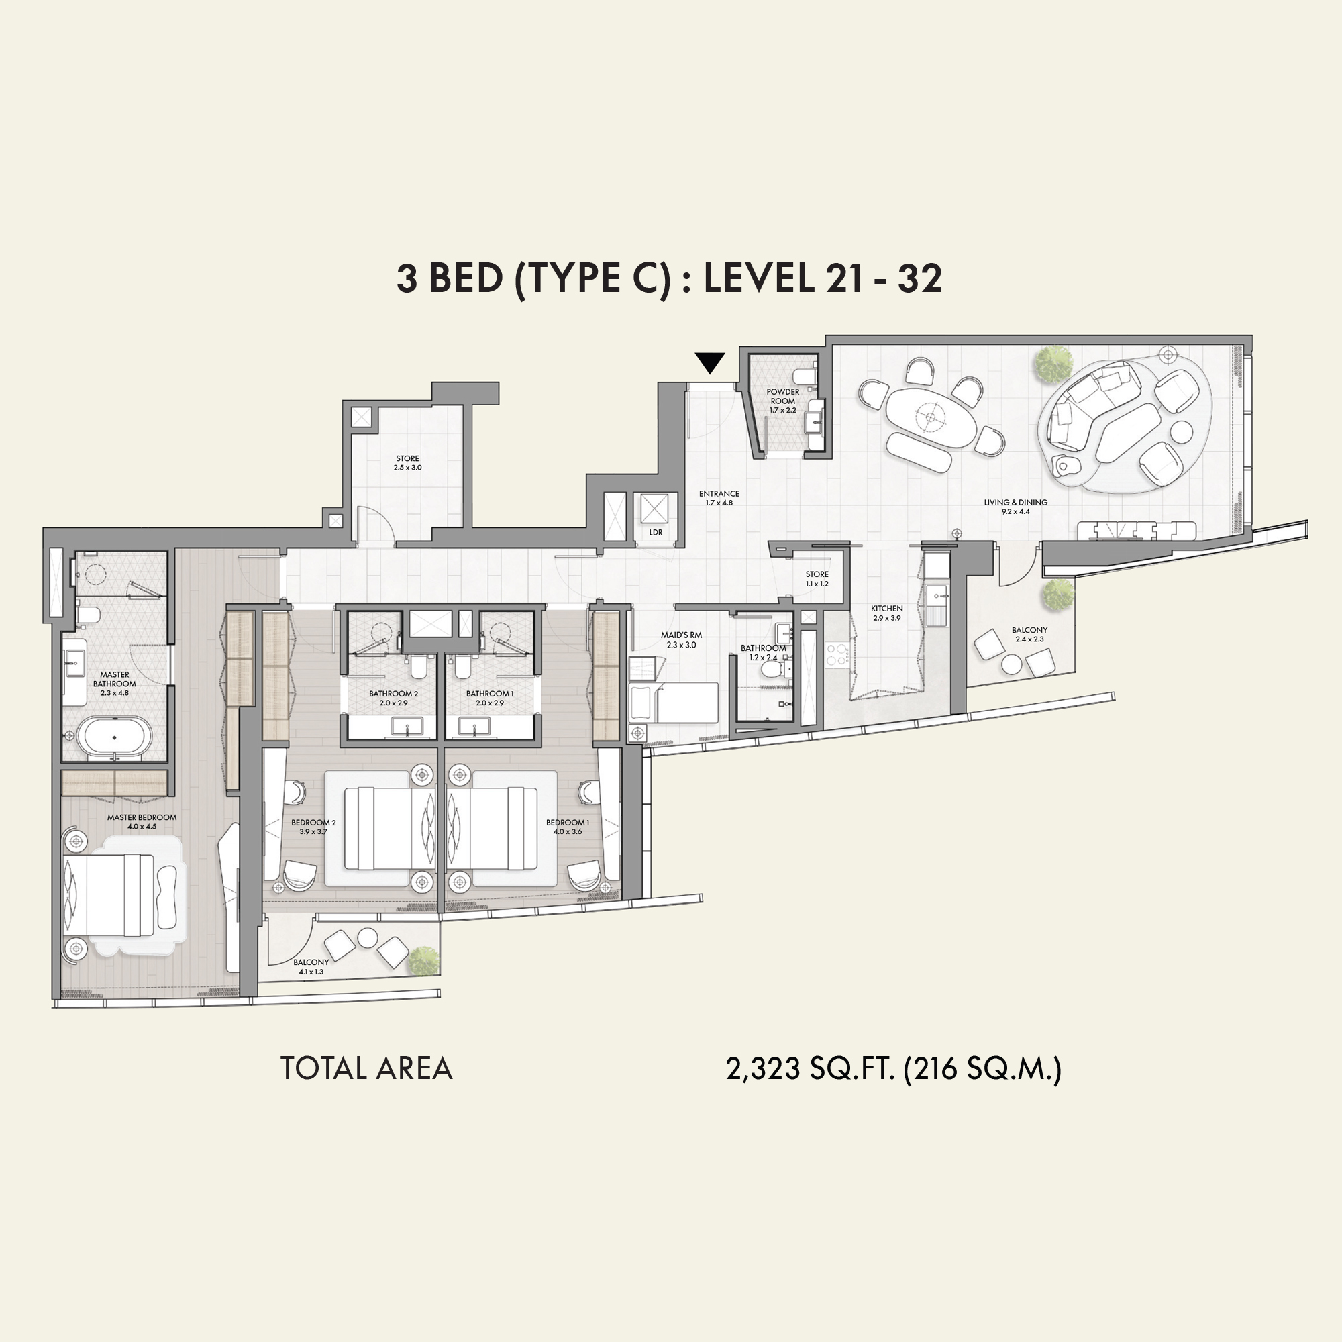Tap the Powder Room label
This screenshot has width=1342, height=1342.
pos(783,396)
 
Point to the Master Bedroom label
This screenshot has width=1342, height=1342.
pos(142,817)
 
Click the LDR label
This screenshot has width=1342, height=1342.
pos(656,533)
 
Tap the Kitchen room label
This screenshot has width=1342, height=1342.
pos(887,609)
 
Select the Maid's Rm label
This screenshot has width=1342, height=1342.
pos(682,635)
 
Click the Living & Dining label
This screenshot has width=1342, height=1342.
pos(1015,502)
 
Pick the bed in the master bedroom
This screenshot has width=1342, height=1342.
pos(109,895)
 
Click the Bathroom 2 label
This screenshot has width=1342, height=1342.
pos(393,694)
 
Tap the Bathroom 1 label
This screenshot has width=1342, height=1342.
pos(490,694)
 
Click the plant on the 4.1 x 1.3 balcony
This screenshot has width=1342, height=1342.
pos(423,961)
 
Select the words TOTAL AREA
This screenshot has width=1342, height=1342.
pos(366,1068)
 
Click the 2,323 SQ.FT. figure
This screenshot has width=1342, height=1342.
pos(810,1068)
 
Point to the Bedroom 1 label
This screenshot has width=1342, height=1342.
pos(568,823)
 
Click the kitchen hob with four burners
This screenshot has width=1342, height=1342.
pos(837,654)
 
